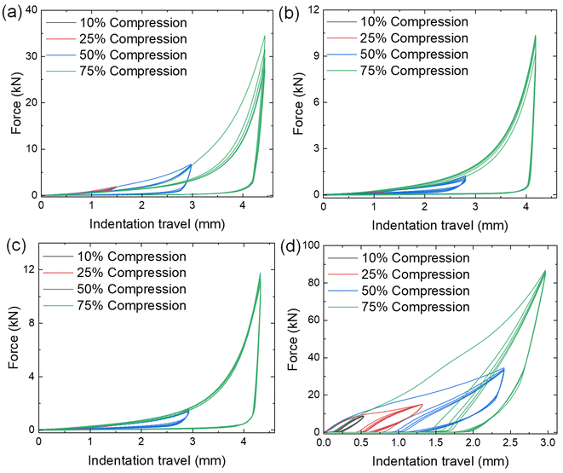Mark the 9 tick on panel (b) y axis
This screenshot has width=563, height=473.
pyautogui.click(x=309, y=56)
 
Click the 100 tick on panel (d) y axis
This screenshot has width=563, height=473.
pyautogui.click(x=306, y=245)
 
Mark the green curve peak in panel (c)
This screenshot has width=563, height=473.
pyautogui.click(x=260, y=274)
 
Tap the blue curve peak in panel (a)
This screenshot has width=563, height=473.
pyautogui.click(x=191, y=164)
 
